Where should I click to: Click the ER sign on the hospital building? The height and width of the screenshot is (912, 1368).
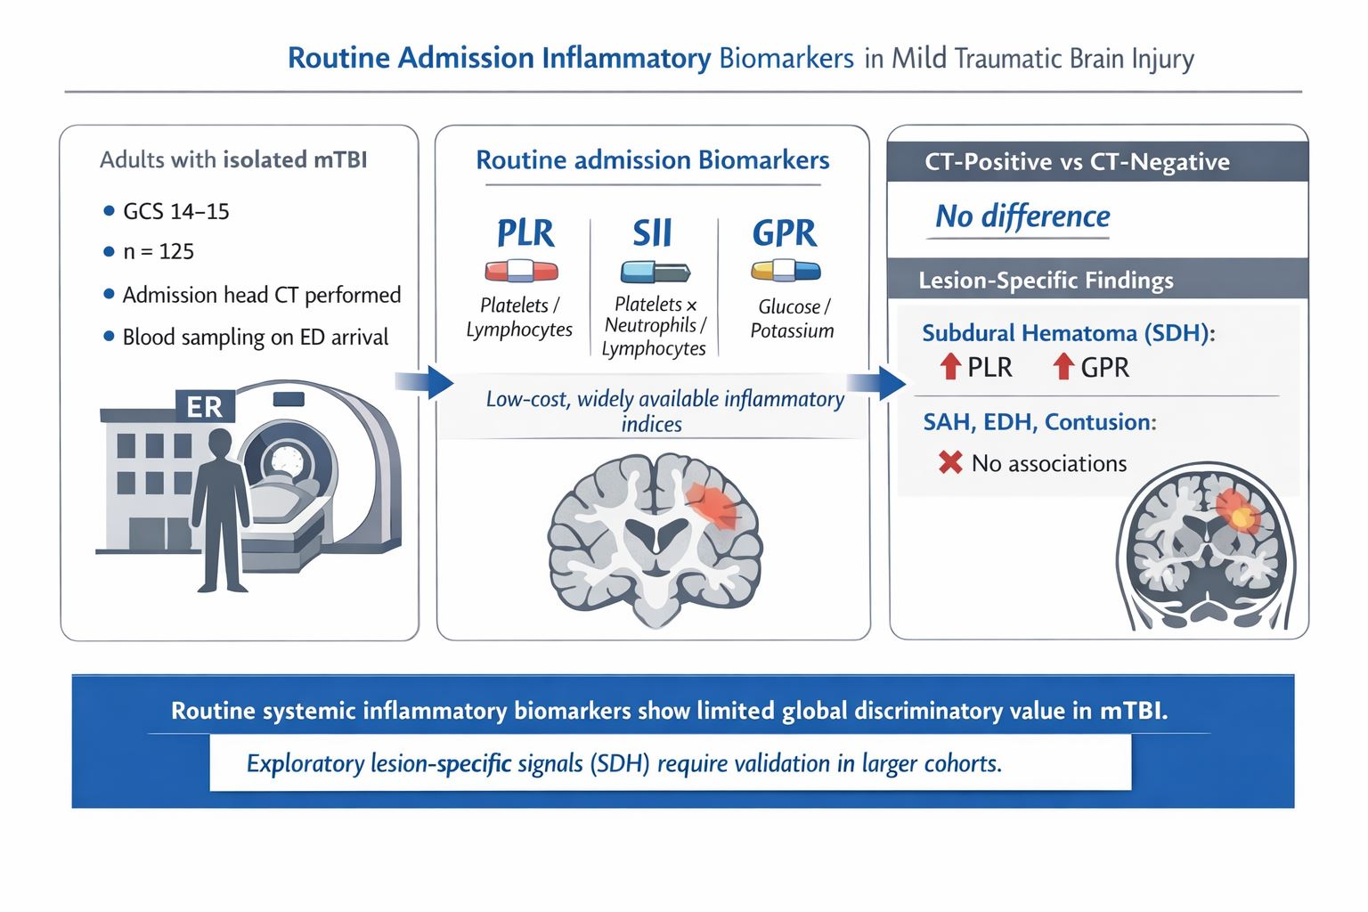(x=205, y=407)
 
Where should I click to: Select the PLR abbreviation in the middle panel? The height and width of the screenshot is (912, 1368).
(x=525, y=233)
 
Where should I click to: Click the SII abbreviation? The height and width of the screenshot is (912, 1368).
(x=652, y=233)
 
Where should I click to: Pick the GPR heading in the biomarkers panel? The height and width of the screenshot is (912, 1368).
(x=784, y=233)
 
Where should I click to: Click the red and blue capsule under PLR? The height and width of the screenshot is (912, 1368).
(x=521, y=271)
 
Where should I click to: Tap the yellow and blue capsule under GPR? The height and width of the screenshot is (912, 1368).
(x=786, y=271)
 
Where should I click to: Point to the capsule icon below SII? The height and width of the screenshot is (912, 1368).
(x=655, y=272)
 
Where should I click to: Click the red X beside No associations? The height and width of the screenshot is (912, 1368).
(x=950, y=462)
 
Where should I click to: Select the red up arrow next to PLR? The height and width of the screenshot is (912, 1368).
(x=950, y=366)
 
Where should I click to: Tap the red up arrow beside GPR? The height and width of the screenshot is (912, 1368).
(x=1063, y=366)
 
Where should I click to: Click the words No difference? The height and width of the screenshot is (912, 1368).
(x=1022, y=216)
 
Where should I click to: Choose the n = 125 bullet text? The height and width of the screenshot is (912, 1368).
(x=159, y=252)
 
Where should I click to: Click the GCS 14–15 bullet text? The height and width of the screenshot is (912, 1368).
(x=175, y=212)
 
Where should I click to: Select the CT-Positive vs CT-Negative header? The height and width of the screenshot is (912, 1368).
(x=1077, y=162)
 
